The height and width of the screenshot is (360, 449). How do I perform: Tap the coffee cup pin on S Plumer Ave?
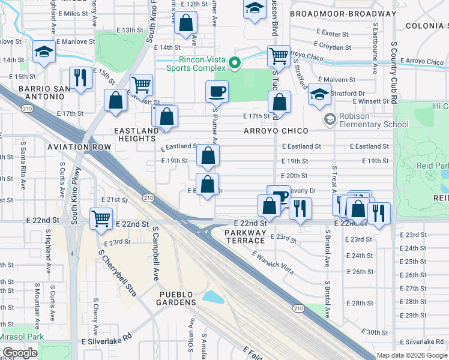(x=217, y=92)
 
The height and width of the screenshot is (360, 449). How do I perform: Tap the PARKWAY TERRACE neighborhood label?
(x=246, y=236)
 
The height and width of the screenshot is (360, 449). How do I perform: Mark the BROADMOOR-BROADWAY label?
(x=343, y=13)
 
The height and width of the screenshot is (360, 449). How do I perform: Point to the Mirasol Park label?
(x=22, y=337)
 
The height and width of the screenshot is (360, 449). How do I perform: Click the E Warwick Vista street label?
(x=273, y=263)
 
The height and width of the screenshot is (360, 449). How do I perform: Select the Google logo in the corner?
(x=20, y=353)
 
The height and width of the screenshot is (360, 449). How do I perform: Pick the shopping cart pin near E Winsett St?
(x=141, y=85)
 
